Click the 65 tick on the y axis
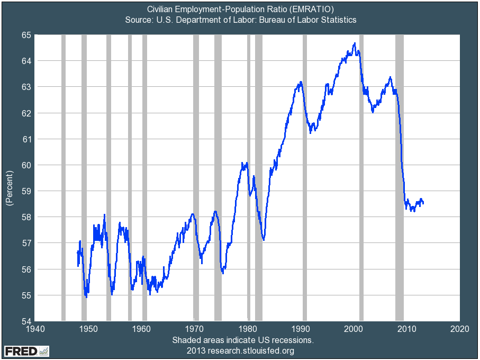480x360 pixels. tap(26, 35)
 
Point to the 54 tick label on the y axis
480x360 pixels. tap(26, 321)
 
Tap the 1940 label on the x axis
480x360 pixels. tap(34, 329)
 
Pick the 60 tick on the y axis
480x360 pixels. tap(26, 165)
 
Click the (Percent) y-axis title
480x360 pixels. tap(9, 188)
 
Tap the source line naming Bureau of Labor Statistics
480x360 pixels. tap(241, 20)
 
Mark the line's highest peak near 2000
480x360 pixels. tap(354, 43)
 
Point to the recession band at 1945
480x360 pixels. tap(64, 177)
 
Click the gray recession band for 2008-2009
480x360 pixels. tap(400, 177)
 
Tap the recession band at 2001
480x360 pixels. tap(361, 177)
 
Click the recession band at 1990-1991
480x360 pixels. tap(304, 177)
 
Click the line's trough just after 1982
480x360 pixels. tap(263, 240)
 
